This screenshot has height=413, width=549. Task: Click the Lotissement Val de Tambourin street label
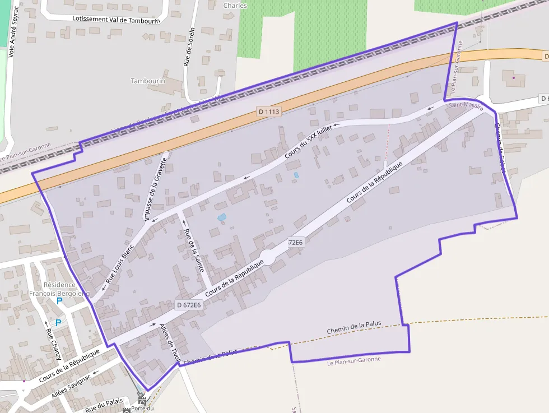point(116,19)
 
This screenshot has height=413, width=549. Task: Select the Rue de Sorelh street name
point(189,47)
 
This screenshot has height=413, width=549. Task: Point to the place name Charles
point(235,6)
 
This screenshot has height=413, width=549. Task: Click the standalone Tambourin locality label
point(148,81)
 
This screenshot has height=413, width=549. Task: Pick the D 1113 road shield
point(269,112)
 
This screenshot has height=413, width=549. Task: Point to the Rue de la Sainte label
point(194,250)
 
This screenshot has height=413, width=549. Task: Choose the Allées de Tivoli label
point(169,342)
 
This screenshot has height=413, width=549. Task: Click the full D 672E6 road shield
point(188,305)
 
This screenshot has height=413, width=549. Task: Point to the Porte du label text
point(142,409)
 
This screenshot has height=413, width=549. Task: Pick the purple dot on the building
point(514,77)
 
